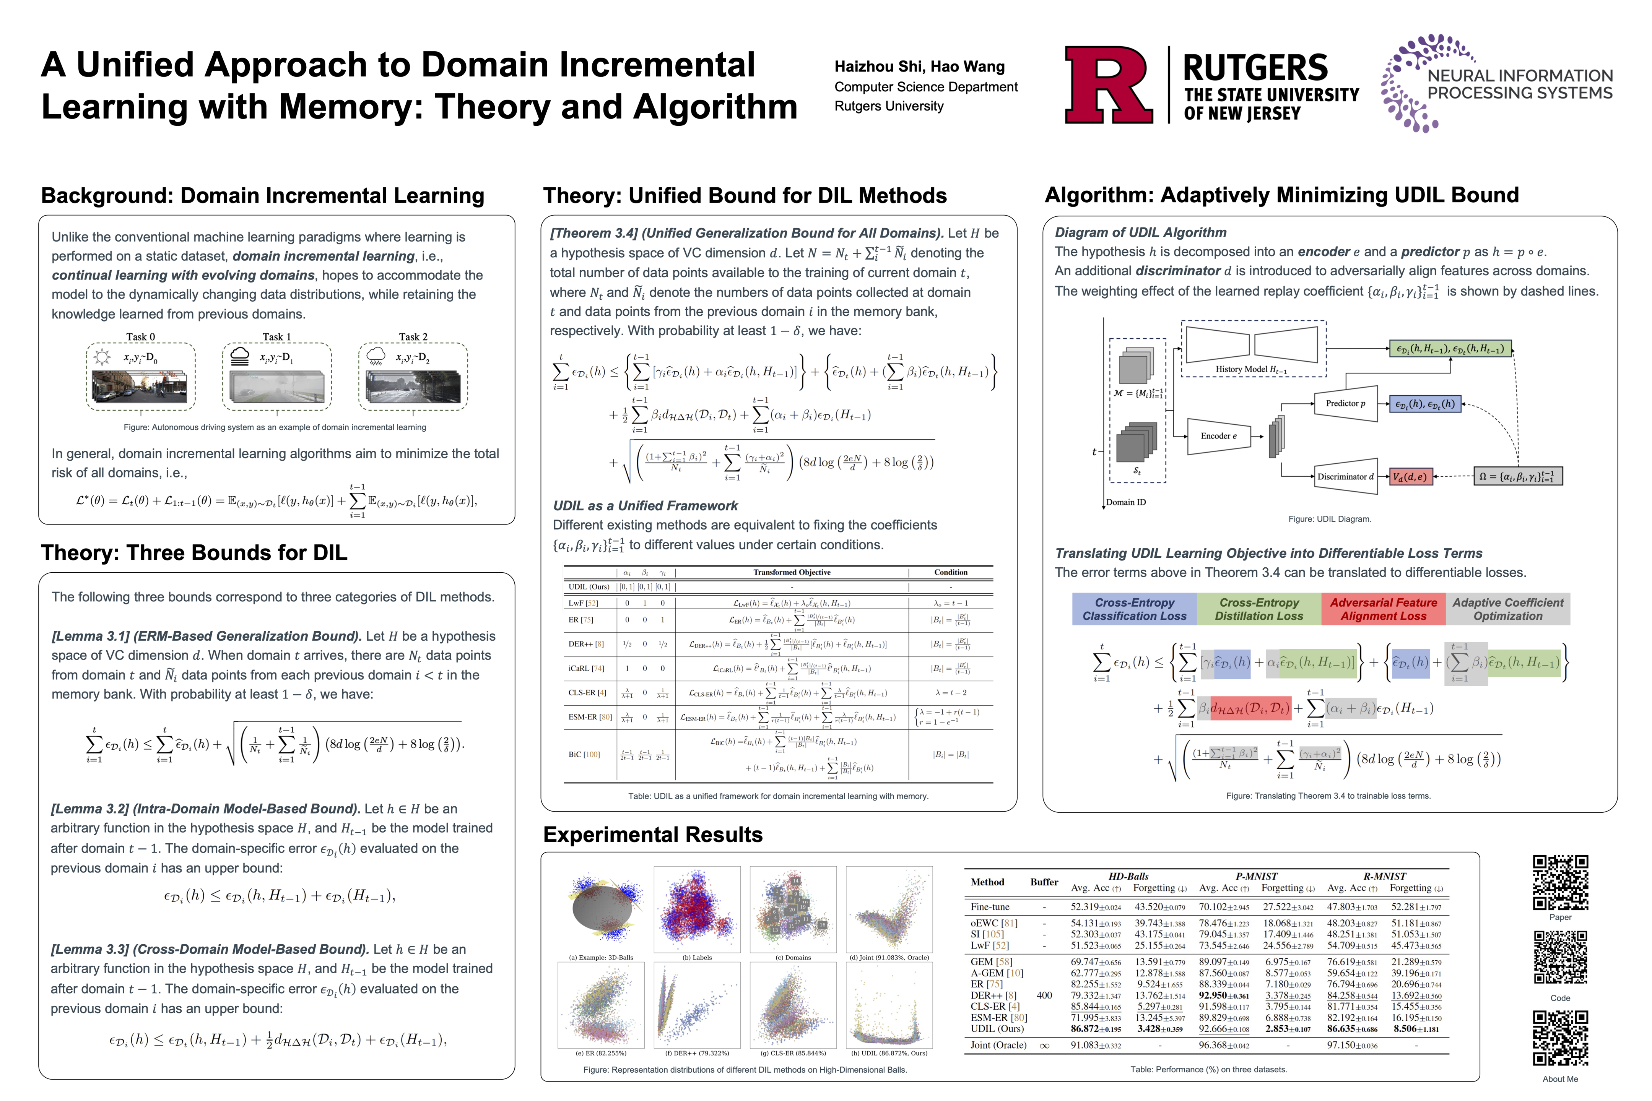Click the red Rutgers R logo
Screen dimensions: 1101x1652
tap(1108, 85)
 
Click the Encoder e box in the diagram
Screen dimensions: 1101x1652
tap(1219, 436)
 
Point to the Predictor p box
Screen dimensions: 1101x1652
tap(1345, 404)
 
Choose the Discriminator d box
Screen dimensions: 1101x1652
tap(1345, 477)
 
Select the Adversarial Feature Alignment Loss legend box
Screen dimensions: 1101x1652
tap(1383, 609)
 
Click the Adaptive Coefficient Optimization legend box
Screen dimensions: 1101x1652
tap(1507, 609)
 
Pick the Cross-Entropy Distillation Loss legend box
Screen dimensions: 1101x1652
tap(1259, 609)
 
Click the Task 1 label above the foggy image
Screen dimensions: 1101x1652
tap(277, 337)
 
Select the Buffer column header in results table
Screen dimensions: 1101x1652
tap(1044, 882)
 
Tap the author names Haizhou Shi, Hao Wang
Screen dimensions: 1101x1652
tap(919, 67)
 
